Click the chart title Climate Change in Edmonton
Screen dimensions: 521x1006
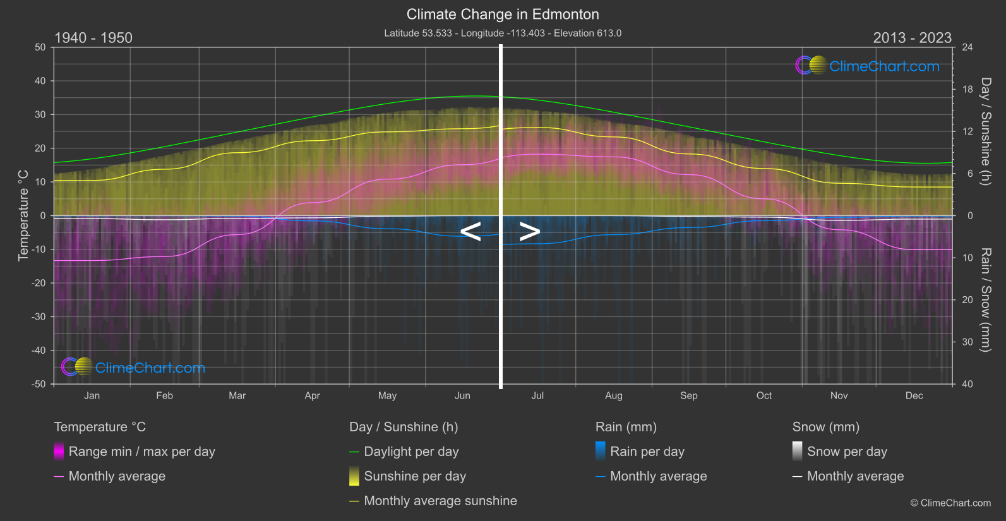tap(503, 15)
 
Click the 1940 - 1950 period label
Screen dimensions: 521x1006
tap(93, 38)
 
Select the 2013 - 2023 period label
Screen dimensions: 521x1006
tap(912, 38)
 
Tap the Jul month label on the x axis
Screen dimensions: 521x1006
tap(537, 396)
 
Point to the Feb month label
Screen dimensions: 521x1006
tap(164, 396)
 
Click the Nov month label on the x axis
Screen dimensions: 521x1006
tap(839, 396)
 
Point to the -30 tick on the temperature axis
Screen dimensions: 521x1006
tap(39, 317)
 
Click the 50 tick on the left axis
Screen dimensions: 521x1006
tap(40, 47)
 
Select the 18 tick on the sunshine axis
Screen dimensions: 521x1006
tap(967, 90)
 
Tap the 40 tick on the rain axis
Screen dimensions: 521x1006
tap(967, 384)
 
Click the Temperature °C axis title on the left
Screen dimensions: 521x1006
tap(23, 215)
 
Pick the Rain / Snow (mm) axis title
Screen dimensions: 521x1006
tap(985, 299)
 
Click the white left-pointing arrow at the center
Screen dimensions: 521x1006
tap(470, 232)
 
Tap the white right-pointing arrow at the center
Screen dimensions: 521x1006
tap(530, 232)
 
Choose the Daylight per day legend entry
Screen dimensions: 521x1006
tap(411, 452)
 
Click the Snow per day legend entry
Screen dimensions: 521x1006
tap(847, 452)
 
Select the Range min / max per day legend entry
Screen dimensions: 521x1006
tap(141, 452)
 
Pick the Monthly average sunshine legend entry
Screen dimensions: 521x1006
tap(440, 501)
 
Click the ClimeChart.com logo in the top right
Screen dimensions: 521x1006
tap(868, 66)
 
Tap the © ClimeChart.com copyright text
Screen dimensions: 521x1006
tap(950, 503)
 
